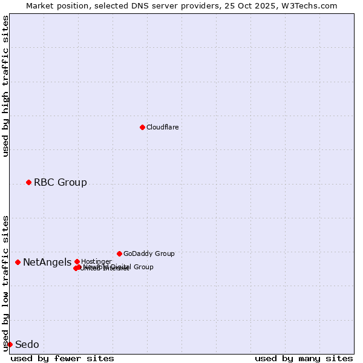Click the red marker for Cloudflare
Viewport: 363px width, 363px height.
click(x=142, y=127)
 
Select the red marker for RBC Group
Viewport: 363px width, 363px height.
click(x=28, y=182)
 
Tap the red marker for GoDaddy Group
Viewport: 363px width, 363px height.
click(x=119, y=253)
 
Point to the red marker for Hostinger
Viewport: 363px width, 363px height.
click(x=77, y=261)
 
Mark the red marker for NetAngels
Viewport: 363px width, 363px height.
click(x=18, y=262)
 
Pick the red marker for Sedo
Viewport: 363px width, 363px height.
click(x=10, y=344)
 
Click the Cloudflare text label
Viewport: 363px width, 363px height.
click(x=162, y=127)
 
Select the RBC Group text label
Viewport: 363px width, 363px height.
click(x=60, y=182)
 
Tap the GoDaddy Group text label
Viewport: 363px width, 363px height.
click(x=149, y=253)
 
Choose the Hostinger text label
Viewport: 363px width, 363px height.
click(x=96, y=261)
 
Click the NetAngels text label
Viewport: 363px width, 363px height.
click(x=47, y=262)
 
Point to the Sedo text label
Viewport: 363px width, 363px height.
click(x=27, y=344)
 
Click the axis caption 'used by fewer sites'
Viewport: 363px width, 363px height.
click(x=62, y=358)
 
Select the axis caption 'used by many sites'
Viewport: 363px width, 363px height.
click(x=304, y=358)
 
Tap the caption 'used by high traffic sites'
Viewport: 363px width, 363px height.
click(x=5, y=86)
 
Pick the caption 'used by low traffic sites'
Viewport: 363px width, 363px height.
click(x=5, y=283)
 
